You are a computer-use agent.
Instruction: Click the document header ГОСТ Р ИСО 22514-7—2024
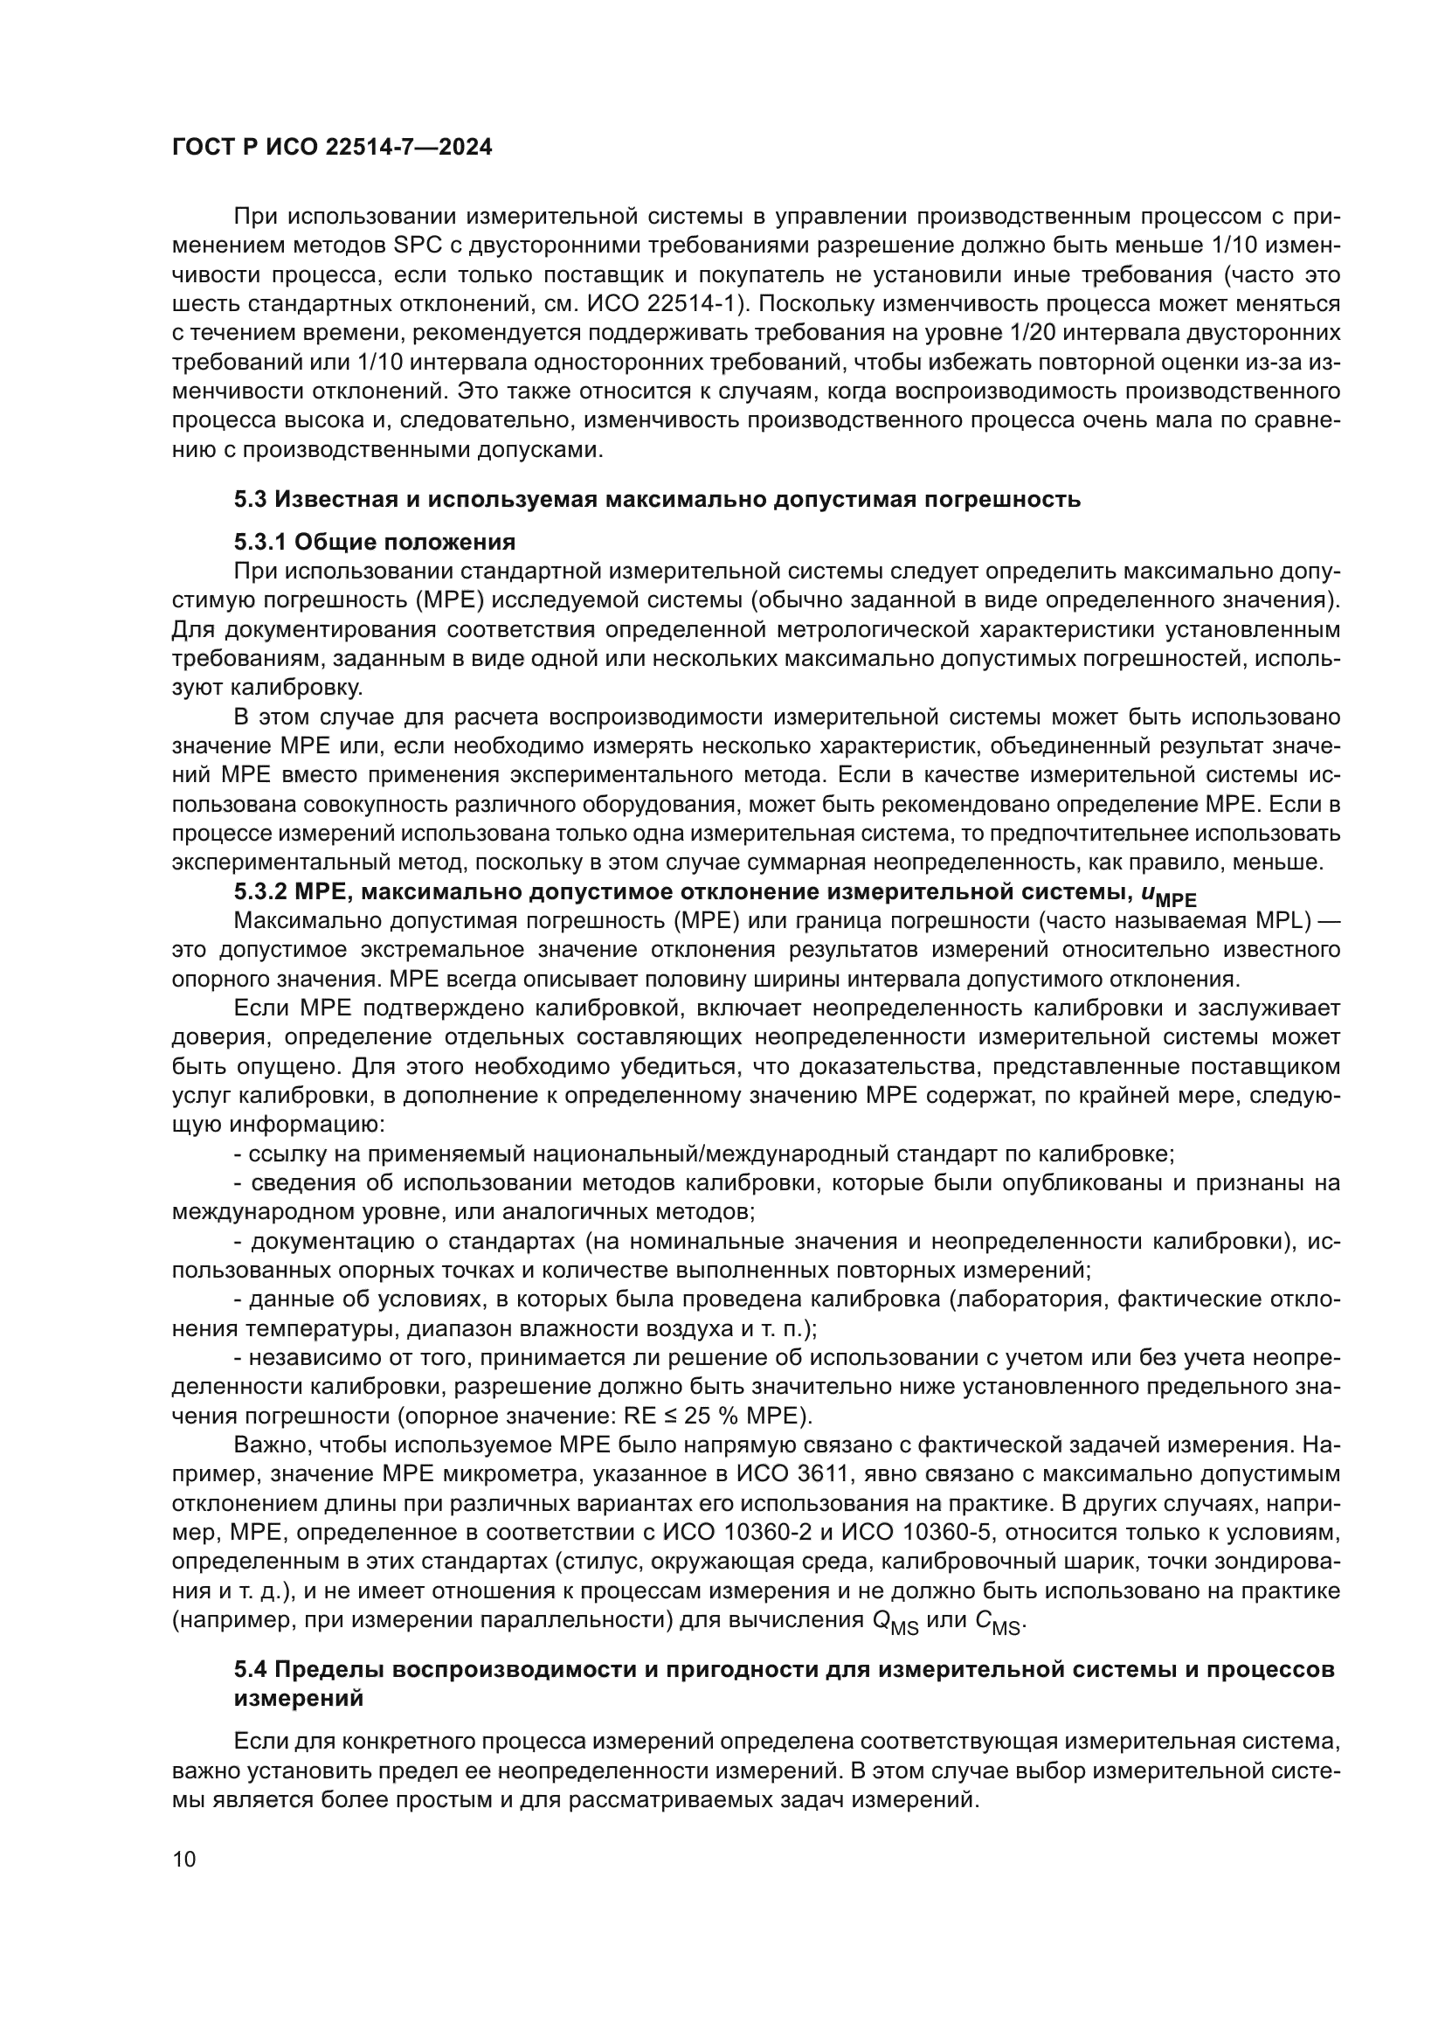point(332,148)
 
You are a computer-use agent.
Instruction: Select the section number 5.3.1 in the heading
point(259,542)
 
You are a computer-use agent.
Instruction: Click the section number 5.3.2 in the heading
point(259,893)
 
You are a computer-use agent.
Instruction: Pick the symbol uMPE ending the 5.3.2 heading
point(1167,895)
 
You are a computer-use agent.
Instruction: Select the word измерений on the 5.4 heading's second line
point(298,1698)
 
